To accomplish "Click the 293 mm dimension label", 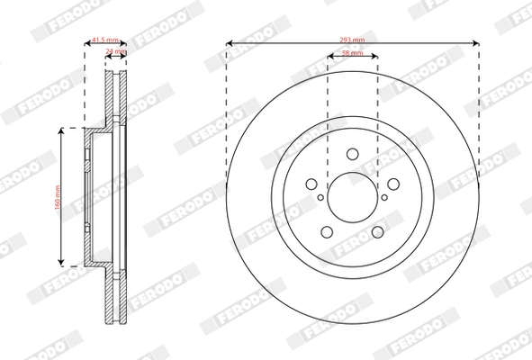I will coord(352,40).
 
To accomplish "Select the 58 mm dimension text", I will coord(352,55).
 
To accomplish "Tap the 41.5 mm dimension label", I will coord(106,40).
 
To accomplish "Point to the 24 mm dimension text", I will coord(116,53).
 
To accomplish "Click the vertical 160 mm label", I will coord(56,196).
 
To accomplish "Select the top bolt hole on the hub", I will coord(352,153).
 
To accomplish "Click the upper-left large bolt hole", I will coord(311,184).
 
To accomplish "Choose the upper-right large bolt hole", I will coord(392,184).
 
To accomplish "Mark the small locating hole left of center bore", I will coord(320,196).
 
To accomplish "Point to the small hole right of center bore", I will coord(384,196).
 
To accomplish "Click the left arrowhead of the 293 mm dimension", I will coord(229,41).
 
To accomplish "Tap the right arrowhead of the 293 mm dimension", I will coord(475,41).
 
